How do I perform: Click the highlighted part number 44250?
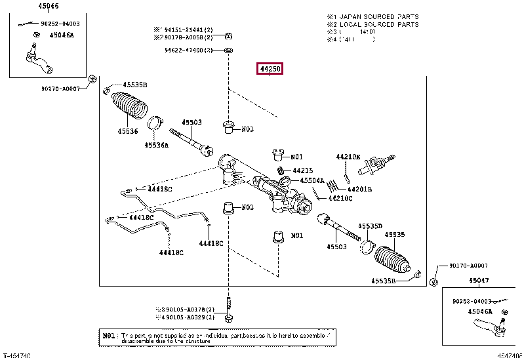tap(270, 68)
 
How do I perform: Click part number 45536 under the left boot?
tap(128, 131)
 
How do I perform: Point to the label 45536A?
tap(156, 144)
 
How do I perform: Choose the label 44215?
tap(302, 170)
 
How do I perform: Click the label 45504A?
tap(312, 180)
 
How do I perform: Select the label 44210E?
tap(348, 157)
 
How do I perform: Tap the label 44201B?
tap(359, 189)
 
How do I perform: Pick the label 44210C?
tap(340, 198)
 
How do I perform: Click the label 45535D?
tap(369, 226)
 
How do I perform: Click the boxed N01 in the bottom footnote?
tap(110, 335)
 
